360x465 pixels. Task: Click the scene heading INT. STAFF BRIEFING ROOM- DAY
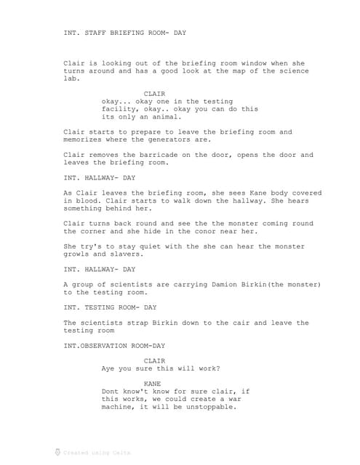pos(125,32)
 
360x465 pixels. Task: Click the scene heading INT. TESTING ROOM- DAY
pos(110,307)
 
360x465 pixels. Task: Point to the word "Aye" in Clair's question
pos(108,368)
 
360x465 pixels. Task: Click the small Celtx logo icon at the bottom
pos(57,453)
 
